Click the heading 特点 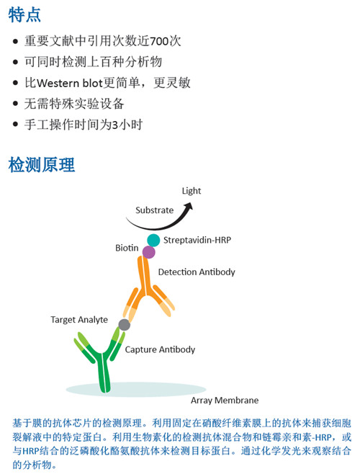coord(24,15)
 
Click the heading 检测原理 coord(42,165)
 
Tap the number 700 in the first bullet coord(159,41)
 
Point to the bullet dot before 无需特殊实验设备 coord(15,104)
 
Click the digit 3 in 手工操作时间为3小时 coord(115,125)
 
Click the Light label coord(192,191)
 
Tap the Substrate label coord(155,210)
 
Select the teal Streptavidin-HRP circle coord(153,241)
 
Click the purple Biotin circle coord(149,252)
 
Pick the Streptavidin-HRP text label coord(197,240)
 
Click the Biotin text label coord(127,248)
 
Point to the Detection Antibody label coord(197,272)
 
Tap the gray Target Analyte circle coord(125,325)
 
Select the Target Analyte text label coord(79,320)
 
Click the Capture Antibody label coord(160,349)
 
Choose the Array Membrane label coord(225,401)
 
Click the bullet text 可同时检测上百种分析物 coord(94,62)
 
